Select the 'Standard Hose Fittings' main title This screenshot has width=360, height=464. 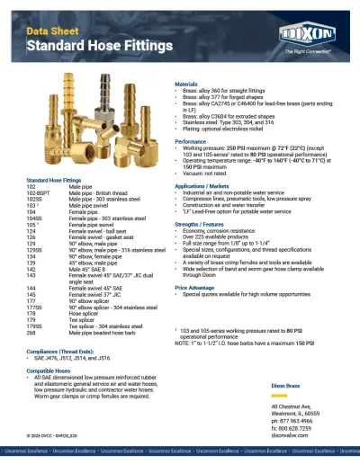point(99,44)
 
